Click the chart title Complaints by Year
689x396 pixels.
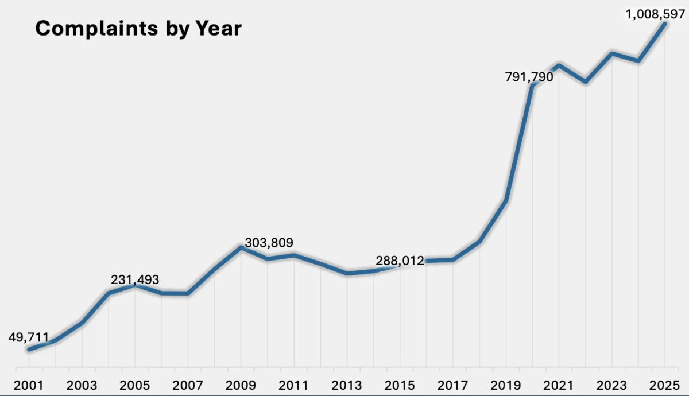(138, 29)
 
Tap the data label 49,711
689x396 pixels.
(29, 337)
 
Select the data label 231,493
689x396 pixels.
(135, 279)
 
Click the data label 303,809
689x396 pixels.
(269, 243)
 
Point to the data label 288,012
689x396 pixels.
(400, 261)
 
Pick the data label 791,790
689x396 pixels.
(529, 76)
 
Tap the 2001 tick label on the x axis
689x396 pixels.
(29, 385)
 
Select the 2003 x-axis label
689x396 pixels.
(82, 385)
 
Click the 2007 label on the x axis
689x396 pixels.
(188, 385)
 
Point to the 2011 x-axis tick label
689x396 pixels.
(295, 385)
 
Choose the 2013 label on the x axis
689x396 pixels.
(347, 385)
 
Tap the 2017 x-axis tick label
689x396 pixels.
(454, 385)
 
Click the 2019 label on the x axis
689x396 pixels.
(506, 385)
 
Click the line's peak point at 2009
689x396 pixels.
(241, 247)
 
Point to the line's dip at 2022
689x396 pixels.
(585, 82)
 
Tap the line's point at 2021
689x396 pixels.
(559, 65)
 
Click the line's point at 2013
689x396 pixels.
(347, 273)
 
